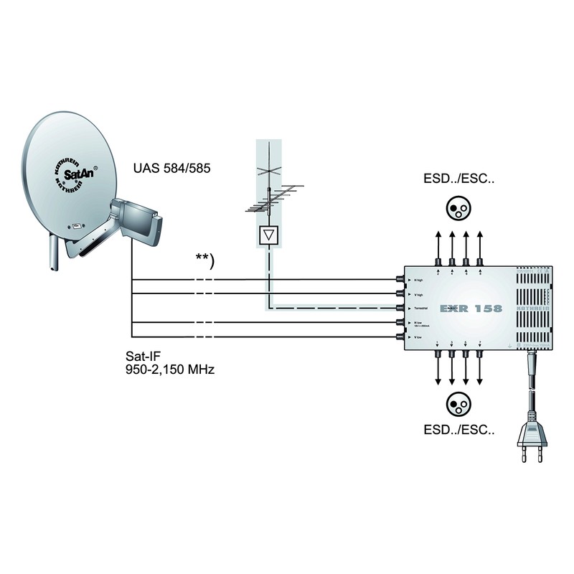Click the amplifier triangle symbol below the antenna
(269, 235)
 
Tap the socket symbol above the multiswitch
(458, 208)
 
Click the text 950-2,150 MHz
(171, 370)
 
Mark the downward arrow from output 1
(438, 371)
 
